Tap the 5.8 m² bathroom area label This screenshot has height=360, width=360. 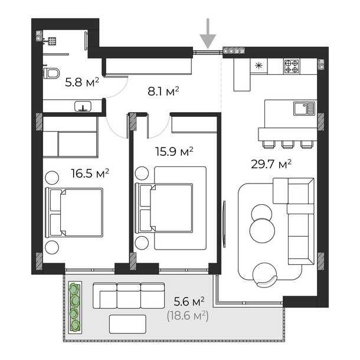(x=81, y=83)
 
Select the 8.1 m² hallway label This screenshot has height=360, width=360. (x=162, y=91)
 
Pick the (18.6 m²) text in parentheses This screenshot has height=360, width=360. (x=188, y=316)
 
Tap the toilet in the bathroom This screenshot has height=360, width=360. (x=51, y=73)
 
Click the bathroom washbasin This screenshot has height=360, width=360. (x=83, y=107)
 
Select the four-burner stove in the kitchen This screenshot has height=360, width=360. (x=291, y=66)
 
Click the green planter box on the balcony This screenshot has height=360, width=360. (x=74, y=307)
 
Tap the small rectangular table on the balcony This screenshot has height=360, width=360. (x=127, y=323)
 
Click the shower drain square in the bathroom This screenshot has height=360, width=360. (x=53, y=41)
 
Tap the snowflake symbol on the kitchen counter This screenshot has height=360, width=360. (x=258, y=66)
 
